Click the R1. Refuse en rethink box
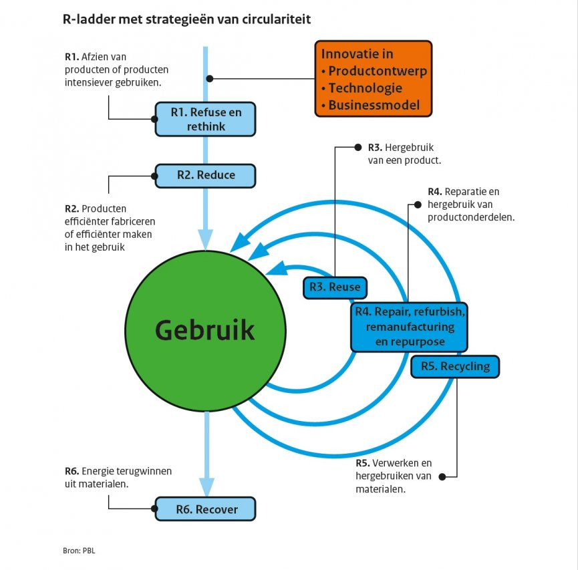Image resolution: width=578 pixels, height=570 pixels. click(x=205, y=119)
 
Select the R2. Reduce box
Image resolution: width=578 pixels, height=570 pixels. click(x=205, y=175)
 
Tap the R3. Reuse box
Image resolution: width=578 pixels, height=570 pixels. click(x=335, y=287)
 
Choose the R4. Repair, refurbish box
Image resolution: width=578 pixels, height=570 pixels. click(x=410, y=327)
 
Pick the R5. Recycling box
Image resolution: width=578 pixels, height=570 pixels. click(x=455, y=366)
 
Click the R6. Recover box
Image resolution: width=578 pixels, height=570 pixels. click(x=206, y=509)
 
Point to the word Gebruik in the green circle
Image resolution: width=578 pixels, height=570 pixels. click(x=204, y=330)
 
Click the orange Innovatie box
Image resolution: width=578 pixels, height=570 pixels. click(x=374, y=78)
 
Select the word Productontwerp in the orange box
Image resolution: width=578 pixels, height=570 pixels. click(x=378, y=71)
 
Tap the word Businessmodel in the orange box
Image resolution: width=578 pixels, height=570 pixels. click(x=374, y=105)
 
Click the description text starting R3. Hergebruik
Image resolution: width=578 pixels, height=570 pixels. click(x=404, y=154)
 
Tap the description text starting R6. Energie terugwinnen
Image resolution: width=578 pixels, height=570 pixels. click(x=118, y=476)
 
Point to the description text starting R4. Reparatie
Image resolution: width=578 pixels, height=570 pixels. click(x=470, y=204)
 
